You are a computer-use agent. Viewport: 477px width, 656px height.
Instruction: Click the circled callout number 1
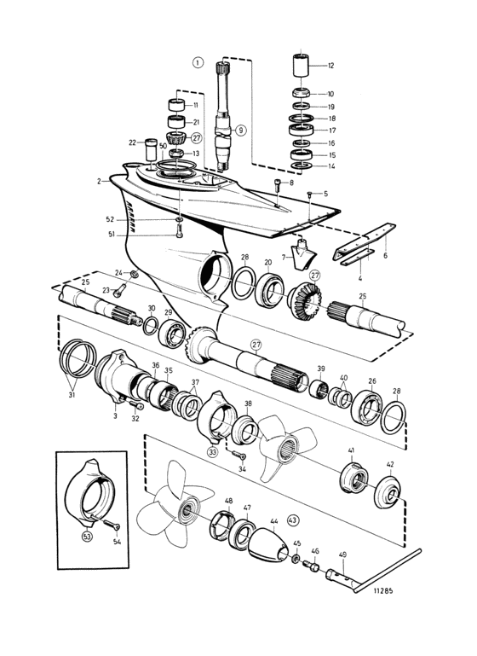pos(198,63)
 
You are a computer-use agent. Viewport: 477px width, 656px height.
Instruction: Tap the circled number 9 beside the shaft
pos(241,131)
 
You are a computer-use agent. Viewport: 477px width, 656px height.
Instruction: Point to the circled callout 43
pos(293,520)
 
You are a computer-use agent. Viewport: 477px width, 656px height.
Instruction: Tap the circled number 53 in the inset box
pos(88,536)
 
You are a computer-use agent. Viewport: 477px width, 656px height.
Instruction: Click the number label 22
pos(132,142)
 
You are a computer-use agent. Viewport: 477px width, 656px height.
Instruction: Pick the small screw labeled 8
pos(279,185)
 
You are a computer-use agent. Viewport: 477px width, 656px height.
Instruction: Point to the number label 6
pos(385,255)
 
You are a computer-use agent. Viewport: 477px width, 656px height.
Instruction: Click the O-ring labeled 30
pos(151,327)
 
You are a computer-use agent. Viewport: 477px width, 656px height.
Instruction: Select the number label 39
pos(321,369)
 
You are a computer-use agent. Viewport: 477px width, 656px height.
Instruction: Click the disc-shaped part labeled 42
pos(388,492)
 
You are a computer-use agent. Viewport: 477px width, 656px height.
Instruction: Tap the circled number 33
pos(213,452)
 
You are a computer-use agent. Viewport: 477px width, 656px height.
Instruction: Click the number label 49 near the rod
pos(342,554)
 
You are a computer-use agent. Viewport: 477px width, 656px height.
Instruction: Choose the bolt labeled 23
pos(119,290)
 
